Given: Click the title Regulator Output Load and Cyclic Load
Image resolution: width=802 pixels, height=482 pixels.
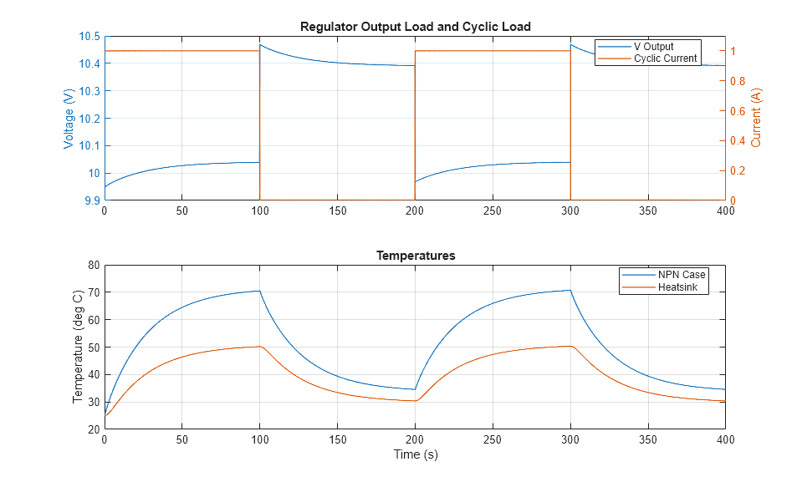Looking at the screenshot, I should pos(415,27).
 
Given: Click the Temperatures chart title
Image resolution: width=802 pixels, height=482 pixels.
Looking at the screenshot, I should pos(415,256).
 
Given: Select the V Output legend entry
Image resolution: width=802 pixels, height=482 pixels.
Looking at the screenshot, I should pos(653,47).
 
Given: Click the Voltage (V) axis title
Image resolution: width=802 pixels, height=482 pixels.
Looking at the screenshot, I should pos(69,119).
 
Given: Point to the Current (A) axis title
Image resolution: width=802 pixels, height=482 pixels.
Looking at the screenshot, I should pos(757,119).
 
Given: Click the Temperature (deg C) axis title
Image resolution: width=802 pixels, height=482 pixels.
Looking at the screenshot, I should pos(78,347).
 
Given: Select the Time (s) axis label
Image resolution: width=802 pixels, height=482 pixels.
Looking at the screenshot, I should pos(415,455).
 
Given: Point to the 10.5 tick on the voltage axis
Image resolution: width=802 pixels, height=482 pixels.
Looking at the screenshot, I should pos(89,36).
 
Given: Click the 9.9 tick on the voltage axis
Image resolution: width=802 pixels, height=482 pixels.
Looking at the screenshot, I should pos(91,200).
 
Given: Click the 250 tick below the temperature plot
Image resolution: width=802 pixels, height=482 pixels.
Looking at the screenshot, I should pos(493,439).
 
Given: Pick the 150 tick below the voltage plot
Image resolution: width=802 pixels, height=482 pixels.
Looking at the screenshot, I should pos(337,211).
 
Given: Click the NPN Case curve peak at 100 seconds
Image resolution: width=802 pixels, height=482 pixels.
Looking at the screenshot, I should pos(259,291).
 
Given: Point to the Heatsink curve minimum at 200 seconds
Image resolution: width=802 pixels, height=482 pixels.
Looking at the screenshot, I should pos(415,401).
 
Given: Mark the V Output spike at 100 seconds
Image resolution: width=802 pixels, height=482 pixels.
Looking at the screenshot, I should pos(260,45).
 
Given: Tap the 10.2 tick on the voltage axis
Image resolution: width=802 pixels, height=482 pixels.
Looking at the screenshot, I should pos(89,119).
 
